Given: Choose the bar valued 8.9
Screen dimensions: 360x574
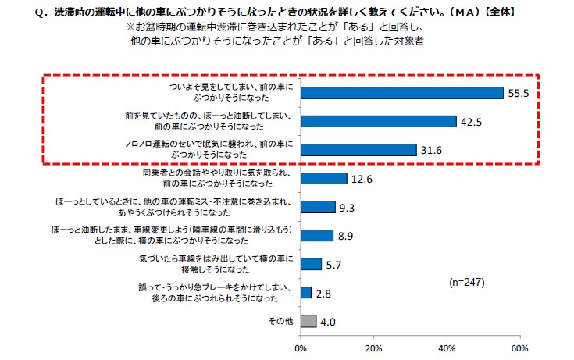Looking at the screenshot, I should click(316, 235).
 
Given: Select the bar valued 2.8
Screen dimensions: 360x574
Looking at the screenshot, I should click(305, 293).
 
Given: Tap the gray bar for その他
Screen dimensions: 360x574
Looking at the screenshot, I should click(308, 321).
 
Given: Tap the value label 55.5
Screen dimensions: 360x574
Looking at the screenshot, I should click(519, 93).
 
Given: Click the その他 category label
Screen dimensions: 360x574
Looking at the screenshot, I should click(280, 321).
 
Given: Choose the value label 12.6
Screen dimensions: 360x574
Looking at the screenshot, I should click(362, 179).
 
